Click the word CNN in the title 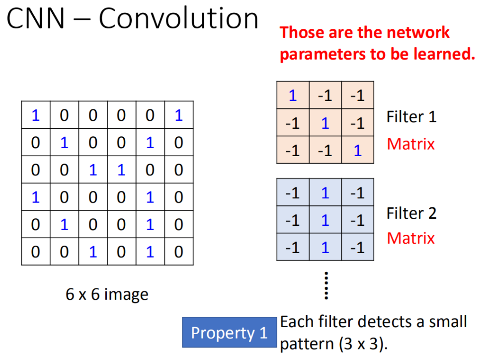pyautogui.click(x=35, y=19)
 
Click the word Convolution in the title pyautogui.click(x=178, y=19)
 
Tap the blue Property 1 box pyautogui.click(x=229, y=332)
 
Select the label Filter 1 pyautogui.click(x=411, y=117)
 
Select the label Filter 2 pyautogui.click(x=411, y=213)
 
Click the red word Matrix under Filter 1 pyautogui.click(x=410, y=144)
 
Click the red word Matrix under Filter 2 pyautogui.click(x=410, y=238)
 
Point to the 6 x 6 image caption pyautogui.click(x=107, y=295)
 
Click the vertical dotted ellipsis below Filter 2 pyautogui.click(x=326, y=285)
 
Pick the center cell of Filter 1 pyautogui.click(x=325, y=122)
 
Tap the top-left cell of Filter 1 pyautogui.click(x=293, y=95)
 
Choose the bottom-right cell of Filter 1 pyautogui.click(x=358, y=150)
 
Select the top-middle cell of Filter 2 pyautogui.click(x=325, y=192)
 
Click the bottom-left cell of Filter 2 pyautogui.click(x=293, y=247)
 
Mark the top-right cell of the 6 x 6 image pyautogui.click(x=179, y=115)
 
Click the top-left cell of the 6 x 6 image pyautogui.click(x=36, y=115)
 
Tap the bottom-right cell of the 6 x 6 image pyautogui.click(x=179, y=252)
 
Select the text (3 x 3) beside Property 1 pyautogui.click(x=362, y=344)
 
